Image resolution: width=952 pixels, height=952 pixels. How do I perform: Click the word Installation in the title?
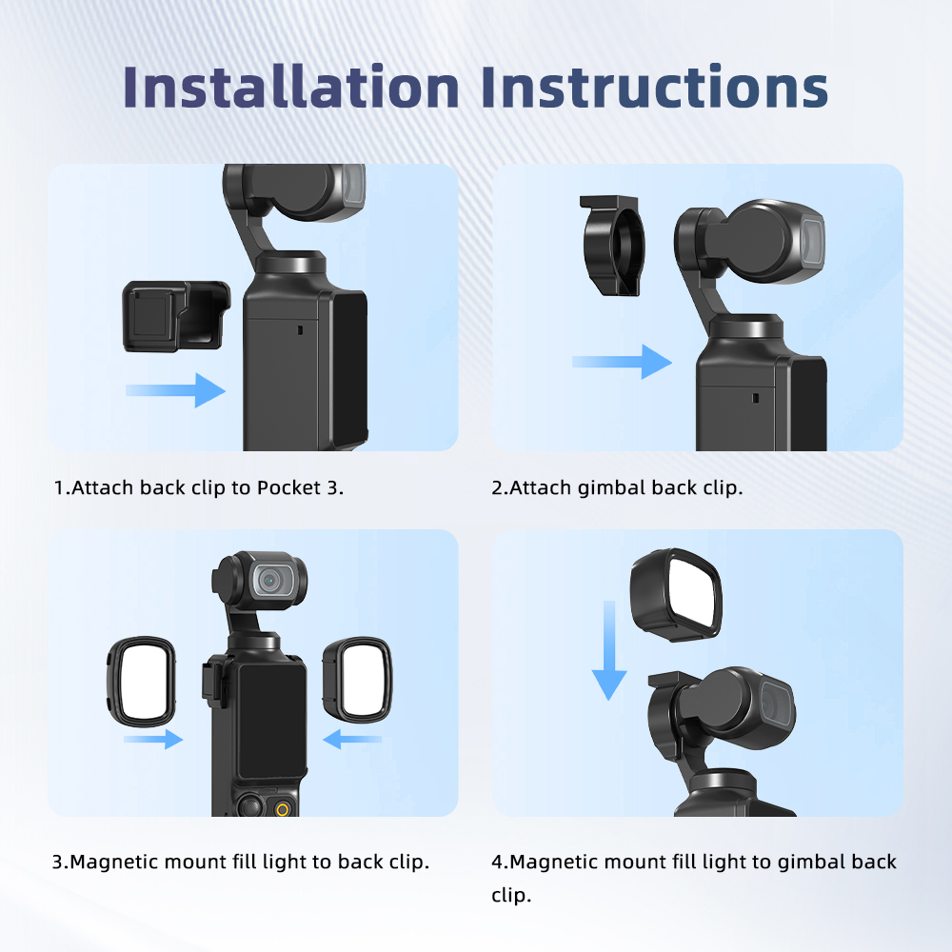(290, 87)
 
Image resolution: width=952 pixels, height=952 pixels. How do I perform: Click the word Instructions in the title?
(655, 87)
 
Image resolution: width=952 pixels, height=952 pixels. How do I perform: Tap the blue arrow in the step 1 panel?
(175, 390)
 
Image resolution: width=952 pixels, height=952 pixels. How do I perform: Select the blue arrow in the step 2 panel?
(622, 362)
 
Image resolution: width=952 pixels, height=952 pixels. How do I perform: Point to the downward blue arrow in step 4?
(609, 649)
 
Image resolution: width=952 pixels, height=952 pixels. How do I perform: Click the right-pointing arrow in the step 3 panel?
(153, 739)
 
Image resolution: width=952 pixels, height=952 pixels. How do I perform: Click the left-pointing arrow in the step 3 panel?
(352, 739)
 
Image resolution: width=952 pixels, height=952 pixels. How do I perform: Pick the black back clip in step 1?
(176, 316)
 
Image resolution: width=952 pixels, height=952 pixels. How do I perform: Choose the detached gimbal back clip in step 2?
(612, 246)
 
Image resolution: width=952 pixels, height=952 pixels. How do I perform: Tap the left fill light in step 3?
(142, 682)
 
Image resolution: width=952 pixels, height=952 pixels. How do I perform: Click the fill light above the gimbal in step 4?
(676, 594)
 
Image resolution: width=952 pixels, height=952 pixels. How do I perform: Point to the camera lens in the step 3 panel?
(270, 581)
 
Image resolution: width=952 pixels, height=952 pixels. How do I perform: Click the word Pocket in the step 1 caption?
(289, 487)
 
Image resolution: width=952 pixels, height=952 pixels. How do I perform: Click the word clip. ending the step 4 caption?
(511, 896)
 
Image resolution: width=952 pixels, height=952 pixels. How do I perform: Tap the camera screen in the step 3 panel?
(272, 721)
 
